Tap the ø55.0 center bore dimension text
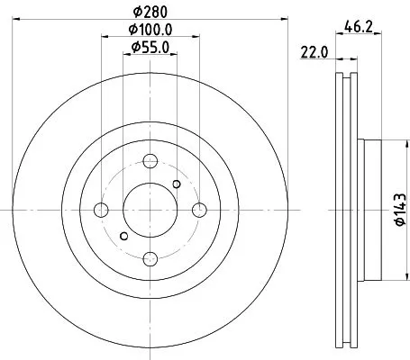149,47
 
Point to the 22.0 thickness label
312,53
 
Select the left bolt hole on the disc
102,210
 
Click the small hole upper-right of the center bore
176,184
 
